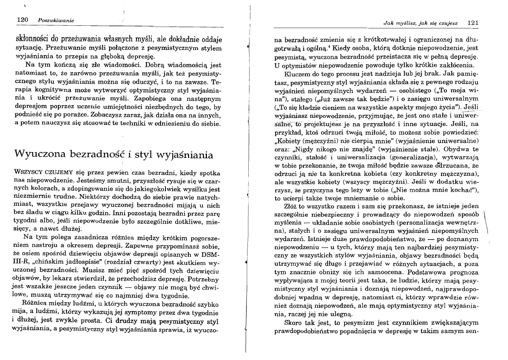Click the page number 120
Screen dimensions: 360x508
[20, 20]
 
